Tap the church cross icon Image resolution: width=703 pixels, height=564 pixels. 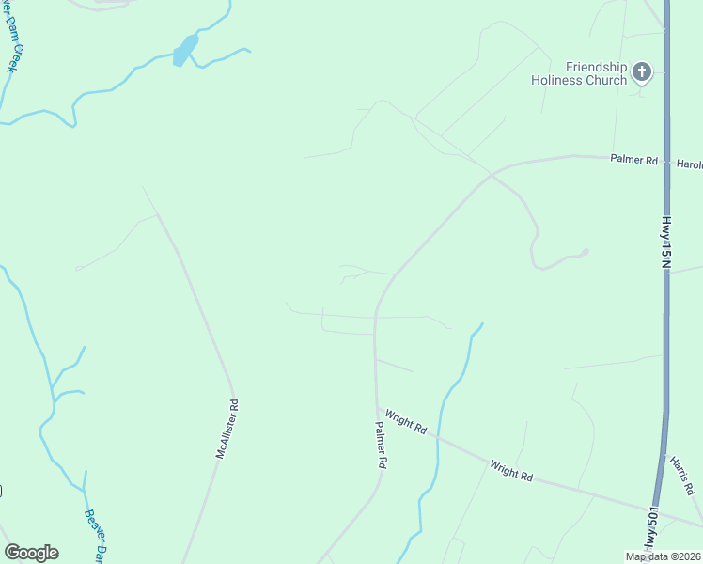pyautogui.click(x=642, y=71)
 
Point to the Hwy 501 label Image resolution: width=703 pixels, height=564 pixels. pyautogui.click(x=650, y=532)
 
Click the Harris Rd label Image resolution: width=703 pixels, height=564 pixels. pyautogui.click(x=682, y=475)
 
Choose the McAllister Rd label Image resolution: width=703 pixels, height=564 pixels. pyautogui.click(x=227, y=429)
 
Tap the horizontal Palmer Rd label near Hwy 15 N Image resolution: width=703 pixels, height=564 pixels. pyautogui.click(x=633, y=160)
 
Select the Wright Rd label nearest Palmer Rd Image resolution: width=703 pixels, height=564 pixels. pyautogui.click(x=406, y=421)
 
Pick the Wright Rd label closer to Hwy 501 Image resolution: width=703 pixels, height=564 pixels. pyautogui.click(x=511, y=469)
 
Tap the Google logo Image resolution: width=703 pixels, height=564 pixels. pyautogui.click(x=31, y=553)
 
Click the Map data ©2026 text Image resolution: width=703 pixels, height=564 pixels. pyautogui.click(x=663, y=556)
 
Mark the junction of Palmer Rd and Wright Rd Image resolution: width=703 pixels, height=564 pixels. pyautogui.click(x=377, y=409)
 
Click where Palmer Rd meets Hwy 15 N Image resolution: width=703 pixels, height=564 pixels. pyautogui.click(x=667, y=160)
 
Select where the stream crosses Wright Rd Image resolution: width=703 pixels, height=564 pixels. pyautogui.click(x=438, y=437)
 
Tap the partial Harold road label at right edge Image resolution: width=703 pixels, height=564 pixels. pyautogui.click(x=690, y=164)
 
